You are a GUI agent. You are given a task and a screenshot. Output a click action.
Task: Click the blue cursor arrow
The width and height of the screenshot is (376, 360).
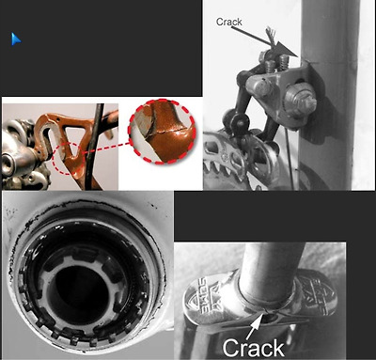click(15, 39)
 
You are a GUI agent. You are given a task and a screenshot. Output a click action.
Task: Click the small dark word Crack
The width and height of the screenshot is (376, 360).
click(229, 22)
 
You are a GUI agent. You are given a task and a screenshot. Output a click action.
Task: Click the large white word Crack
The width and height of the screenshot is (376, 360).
click(253, 348)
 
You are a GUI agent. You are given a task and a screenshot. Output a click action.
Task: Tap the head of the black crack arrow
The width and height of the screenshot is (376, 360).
click(287, 50)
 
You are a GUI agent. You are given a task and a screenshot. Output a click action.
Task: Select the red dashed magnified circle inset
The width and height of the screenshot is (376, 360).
click(162, 132)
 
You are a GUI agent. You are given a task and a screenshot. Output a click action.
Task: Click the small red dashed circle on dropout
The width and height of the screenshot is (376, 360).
click(69, 158)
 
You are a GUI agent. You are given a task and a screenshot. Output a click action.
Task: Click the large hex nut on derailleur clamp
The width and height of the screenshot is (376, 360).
click(300, 99)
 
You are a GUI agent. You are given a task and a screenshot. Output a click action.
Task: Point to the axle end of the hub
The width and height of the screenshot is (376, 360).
click(8, 162)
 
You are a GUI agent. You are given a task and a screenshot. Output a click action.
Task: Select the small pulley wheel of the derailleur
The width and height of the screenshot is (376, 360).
click(237, 121)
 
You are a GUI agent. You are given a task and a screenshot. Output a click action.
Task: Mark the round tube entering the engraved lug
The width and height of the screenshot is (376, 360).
click(270, 270)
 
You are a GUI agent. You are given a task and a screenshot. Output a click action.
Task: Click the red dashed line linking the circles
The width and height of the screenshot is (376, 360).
click(106, 148)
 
